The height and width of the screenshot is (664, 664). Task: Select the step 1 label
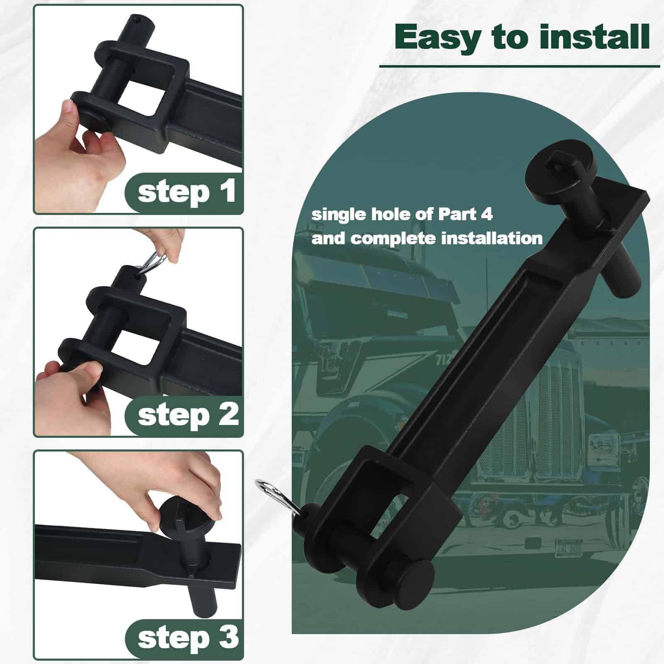click(x=187, y=192)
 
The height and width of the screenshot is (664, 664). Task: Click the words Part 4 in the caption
click(x=465, y=215)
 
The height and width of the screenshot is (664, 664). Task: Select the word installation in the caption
click(x=491, y=239)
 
